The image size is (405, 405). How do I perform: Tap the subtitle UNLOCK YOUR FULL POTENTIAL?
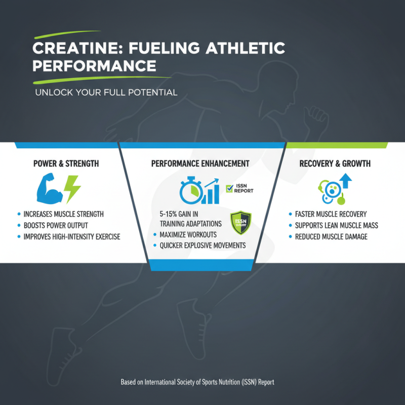click(106, 93)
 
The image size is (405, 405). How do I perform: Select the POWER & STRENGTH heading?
click(66, 164)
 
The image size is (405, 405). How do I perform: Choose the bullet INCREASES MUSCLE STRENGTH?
click(63, 214)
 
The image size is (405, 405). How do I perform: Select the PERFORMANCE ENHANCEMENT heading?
click(200, 164)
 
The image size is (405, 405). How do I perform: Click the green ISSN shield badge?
click(240, 223)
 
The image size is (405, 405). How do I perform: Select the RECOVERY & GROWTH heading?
click(335, 164)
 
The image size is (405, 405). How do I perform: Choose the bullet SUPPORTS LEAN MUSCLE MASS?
click(336, 225)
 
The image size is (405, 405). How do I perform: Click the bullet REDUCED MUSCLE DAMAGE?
click(332, 236)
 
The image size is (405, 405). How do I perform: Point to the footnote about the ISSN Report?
click(197, 382)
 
